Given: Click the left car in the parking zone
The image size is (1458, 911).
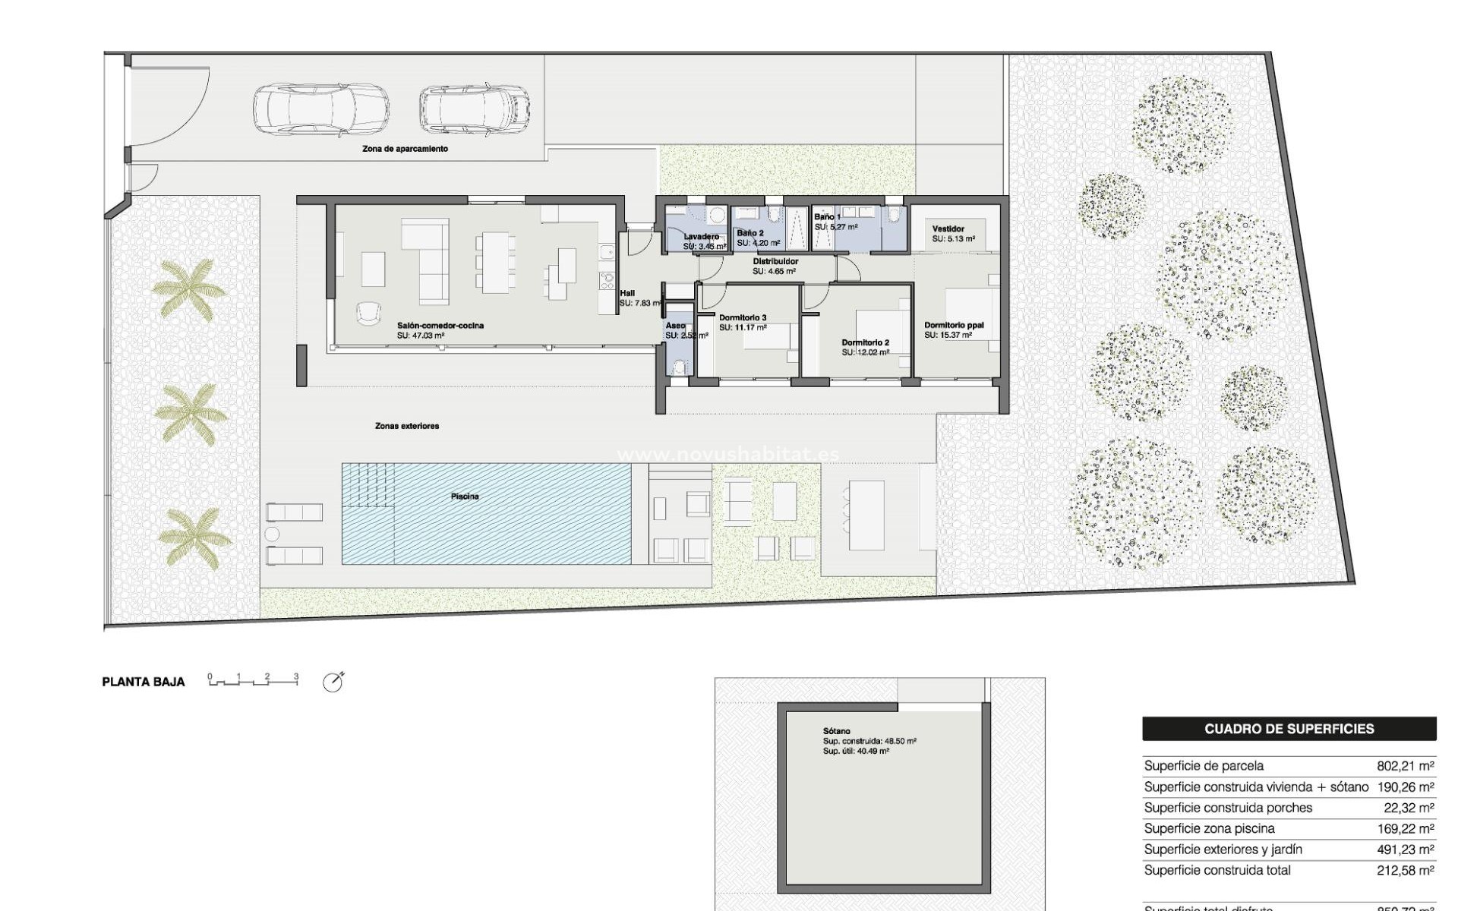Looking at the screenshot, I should (x=320, y=109).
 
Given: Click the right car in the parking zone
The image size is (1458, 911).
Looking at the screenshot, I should (x=475, y=109).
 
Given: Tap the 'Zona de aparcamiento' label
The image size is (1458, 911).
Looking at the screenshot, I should (x=405, y=149).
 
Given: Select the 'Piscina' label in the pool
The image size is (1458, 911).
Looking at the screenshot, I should (x=465, y=496).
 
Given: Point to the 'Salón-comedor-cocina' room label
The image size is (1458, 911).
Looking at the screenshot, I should (x=440, y=326).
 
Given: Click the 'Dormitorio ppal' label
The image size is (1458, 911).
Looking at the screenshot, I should (x=954, y=326).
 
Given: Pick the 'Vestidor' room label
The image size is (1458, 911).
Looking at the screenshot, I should (x=948, y=229).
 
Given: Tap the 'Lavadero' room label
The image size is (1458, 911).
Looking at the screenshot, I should (x=701, y=237).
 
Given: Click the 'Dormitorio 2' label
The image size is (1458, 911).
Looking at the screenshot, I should (x=865, y=342).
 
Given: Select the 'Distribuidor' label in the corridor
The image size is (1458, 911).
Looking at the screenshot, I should (x=775, y=261).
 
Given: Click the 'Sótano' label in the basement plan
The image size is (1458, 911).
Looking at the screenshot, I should (x=836, y=731).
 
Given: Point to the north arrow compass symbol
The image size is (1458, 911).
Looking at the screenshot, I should (x=333, y=682).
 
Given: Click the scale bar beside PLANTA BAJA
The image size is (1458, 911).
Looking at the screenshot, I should (x=253, y=680).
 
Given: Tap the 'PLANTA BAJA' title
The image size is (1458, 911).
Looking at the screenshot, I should (x=144, y=682).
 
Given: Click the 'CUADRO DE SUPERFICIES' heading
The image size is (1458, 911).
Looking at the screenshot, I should (x=1289, y=729).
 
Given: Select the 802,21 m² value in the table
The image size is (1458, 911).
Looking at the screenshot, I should (x=1405, y=766).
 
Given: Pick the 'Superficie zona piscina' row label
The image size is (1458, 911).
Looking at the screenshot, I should (x=1209, y=828).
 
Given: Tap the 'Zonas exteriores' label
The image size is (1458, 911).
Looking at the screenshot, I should (x=407, y=426).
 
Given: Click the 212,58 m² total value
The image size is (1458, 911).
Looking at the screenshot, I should (x=1405, y=871).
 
